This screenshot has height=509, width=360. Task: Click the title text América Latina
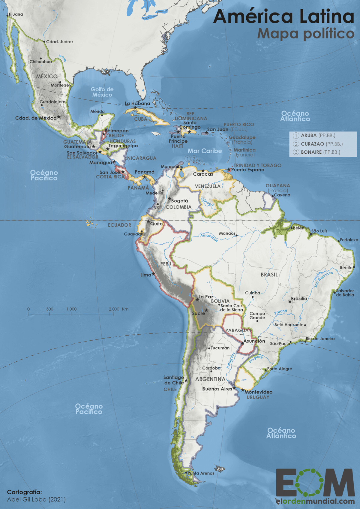click(283, 17)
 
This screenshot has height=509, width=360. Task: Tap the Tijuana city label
click(15, 14)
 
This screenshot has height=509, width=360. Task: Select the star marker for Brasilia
click(290, 301)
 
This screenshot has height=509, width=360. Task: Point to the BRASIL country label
click(269, 275)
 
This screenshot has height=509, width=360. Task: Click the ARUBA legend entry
click(309, 135)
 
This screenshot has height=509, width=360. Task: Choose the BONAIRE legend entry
click(311, 152)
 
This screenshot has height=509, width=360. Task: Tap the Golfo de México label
click(102, 92)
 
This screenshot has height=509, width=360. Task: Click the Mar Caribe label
click(205, 151)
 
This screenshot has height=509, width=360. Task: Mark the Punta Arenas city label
click(201, 473)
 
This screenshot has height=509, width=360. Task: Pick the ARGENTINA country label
click(210, 379)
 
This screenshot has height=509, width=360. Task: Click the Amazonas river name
click(209, 237)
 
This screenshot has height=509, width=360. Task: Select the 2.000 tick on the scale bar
click(114, 309)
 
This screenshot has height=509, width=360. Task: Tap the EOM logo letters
click(315, 483)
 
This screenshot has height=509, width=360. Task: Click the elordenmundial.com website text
click(315, 501)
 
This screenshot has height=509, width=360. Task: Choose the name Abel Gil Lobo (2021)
click(36, 499)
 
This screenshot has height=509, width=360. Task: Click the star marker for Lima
click(154, 274)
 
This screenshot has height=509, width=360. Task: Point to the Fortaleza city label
click(349, 240)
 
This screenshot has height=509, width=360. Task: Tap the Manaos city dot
click(236, 236)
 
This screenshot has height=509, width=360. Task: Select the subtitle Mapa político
click(306, 34)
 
